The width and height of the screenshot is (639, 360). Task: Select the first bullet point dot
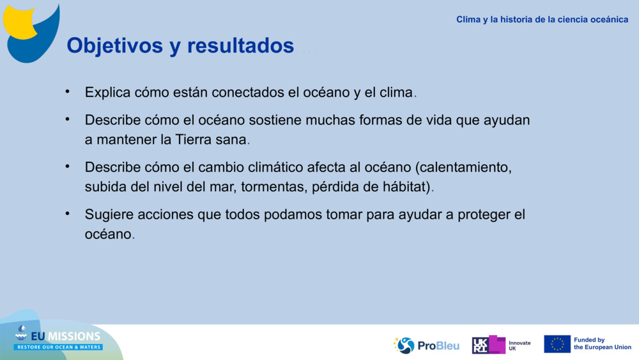(67, 91)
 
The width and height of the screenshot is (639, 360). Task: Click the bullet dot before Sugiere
(67, 214)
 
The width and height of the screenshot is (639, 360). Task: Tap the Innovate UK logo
(501, 345)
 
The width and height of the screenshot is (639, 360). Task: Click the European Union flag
(557, 344)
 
